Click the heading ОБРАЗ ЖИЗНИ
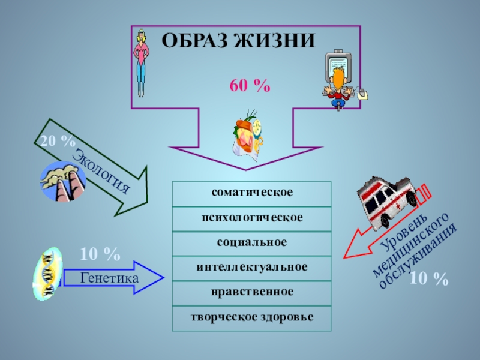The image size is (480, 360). click(x=239, y=41)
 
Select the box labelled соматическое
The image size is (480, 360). click(x=251, y=193)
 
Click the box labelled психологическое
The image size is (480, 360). click(x=251, y=218)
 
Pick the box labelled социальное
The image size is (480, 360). click(x=251, y=242)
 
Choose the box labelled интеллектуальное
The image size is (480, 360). click(x=251, y=267)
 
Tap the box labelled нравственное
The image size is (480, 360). click(x=251, y=292)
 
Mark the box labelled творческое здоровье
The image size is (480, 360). click(x=251, y=317)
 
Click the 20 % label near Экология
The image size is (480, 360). click(x=57, y=142)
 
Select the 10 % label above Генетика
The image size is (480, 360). click(x=100, y=254)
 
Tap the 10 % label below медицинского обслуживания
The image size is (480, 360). click(x=429, y=278)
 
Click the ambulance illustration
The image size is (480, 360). click(x=387, y=199)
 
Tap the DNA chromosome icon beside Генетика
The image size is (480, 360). click(x=47, y=275)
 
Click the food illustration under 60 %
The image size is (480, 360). click(x=247, y=133)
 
